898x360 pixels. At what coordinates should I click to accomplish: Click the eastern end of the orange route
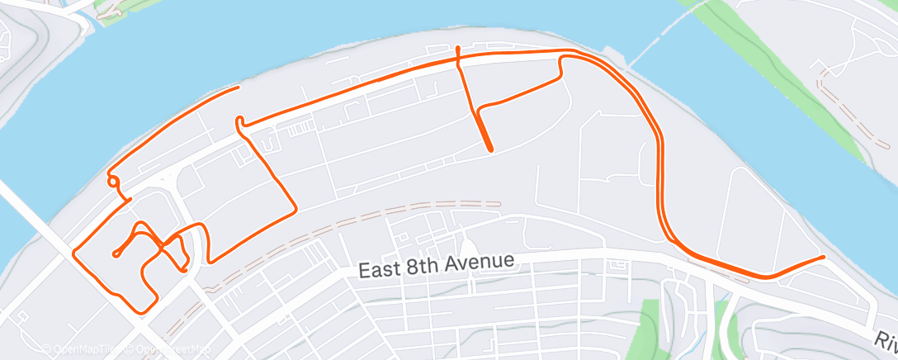(823, 258)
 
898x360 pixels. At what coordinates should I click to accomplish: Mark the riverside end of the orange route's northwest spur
(239, 87)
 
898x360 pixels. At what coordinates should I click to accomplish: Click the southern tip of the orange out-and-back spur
(492, 150)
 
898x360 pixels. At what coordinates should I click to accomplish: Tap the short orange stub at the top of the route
(457, 51)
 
